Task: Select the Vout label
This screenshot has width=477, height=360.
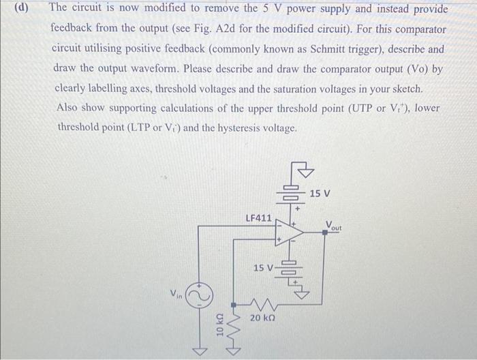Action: point(334,224)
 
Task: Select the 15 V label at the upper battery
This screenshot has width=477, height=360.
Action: point(320,194)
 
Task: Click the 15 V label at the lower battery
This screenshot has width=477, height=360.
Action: point(263,267)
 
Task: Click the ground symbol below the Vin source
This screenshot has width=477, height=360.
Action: point(198,350)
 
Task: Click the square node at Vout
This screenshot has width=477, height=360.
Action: point(324,232)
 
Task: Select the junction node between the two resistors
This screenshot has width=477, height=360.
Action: point(234,304)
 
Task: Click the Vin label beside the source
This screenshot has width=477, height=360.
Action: point(176,294)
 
